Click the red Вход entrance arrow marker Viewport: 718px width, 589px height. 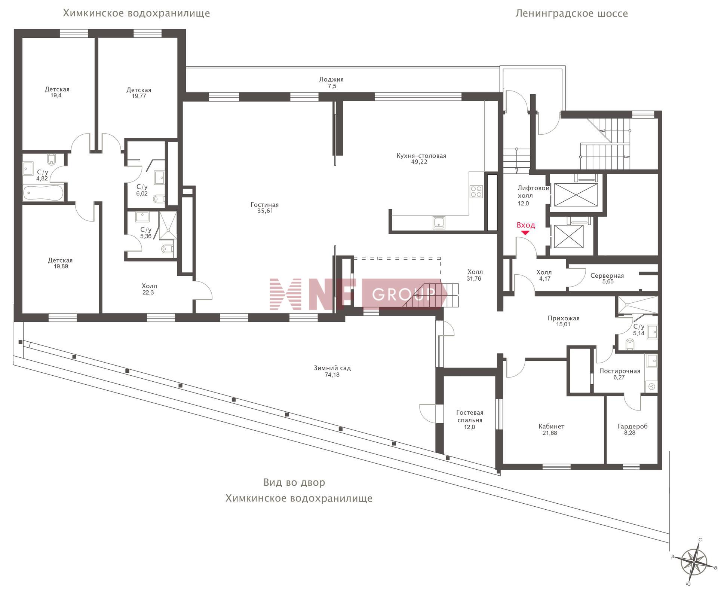pos(525,233)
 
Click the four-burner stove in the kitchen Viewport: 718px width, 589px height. pos(476,192)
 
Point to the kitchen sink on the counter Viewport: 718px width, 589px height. pos(439,222)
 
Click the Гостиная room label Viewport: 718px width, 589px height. pos(264,205)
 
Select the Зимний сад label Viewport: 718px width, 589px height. pos(332,368)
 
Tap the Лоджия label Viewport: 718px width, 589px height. pos(331,79)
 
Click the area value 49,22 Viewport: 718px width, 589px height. pos(419,162)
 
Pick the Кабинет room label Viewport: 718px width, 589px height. pos(551,426)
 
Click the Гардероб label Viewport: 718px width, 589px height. pos(632,426)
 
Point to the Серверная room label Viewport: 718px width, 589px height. pos(607,276)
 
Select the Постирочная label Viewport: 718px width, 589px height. pos(620,371)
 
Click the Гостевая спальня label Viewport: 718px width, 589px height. pos(470,416)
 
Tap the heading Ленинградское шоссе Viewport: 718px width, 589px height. pos(571,13)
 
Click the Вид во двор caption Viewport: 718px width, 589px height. pos(294,482)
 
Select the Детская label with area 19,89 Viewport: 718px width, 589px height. pos(60,260)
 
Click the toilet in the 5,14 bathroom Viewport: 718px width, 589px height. pos(630,344)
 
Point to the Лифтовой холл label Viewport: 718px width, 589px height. pos(533,192)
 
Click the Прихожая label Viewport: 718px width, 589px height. pos(563,318)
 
